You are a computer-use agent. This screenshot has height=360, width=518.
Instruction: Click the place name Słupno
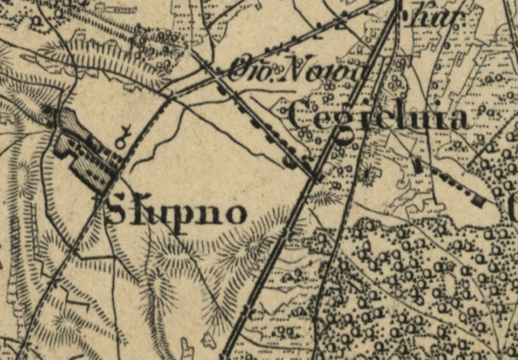point(174,212)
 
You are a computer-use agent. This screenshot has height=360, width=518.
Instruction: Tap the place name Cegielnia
point(377,117)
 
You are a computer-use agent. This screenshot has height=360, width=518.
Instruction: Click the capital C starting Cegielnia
point(299,117)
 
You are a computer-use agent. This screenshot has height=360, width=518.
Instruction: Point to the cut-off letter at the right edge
point(513,207)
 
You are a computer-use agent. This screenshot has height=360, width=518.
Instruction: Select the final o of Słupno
point(229,213)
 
